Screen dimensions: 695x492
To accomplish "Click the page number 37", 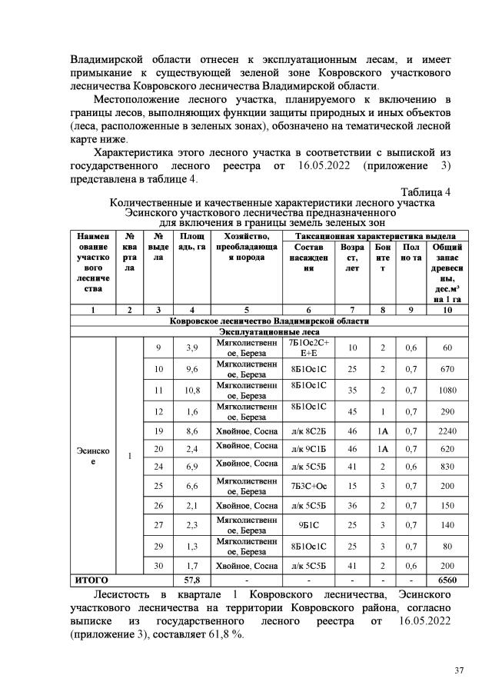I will pyautogui.click(x=458, y=670).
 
